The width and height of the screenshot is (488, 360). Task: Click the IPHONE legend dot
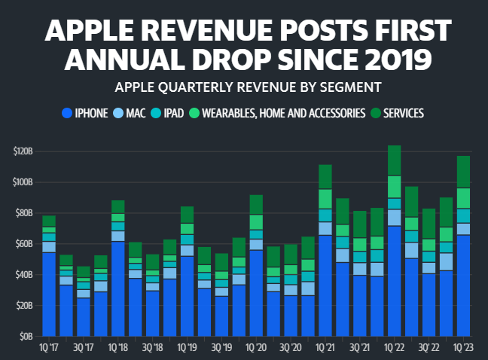(66, 114)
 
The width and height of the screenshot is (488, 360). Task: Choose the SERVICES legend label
(403, 114)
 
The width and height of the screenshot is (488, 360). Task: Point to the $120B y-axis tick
(23, 151)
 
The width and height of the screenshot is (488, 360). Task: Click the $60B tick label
(25, 244)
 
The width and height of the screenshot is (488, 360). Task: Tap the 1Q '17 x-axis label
(49, 348)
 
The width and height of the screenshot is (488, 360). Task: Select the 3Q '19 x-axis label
(221, 348)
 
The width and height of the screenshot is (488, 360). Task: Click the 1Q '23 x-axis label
(463, 348)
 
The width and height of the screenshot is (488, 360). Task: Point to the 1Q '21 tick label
(325, 348)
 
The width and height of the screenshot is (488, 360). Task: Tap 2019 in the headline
(397, 58)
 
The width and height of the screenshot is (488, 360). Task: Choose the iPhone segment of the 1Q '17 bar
(49, 294)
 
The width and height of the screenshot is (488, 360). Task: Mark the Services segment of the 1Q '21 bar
(325, 176)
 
